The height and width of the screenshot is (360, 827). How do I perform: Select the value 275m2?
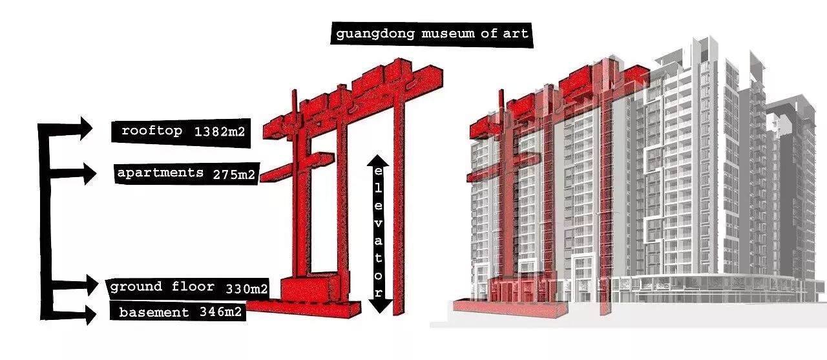point(233,175)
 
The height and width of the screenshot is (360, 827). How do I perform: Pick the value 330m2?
point(246,288)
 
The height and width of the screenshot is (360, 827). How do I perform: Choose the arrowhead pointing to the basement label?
point(89,315)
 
